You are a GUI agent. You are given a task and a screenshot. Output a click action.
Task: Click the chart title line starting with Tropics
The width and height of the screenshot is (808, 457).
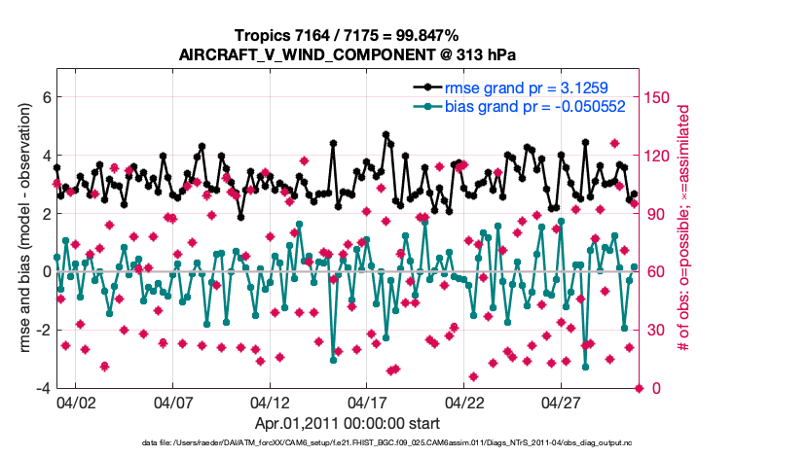click(x=347, y=36)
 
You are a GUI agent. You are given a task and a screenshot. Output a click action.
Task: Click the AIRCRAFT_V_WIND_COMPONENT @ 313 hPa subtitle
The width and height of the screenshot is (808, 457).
click(x=347, y=54)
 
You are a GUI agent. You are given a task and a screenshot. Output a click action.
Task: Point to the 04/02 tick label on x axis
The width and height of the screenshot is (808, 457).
click(x=76, y=402)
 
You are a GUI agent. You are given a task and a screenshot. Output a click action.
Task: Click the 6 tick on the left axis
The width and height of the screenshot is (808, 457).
click(x=46, y=97)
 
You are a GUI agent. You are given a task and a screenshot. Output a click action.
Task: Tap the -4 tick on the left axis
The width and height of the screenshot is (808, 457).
click(x=43, y=388)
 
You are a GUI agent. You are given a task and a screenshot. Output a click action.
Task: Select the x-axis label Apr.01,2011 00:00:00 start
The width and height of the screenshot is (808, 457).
click(x=347, y=424)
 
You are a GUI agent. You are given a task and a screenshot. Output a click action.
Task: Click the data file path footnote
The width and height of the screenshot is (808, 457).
click(x=347, y=443)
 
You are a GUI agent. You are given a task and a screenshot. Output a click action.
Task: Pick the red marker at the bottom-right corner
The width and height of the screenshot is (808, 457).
click(x=639, y=388)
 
